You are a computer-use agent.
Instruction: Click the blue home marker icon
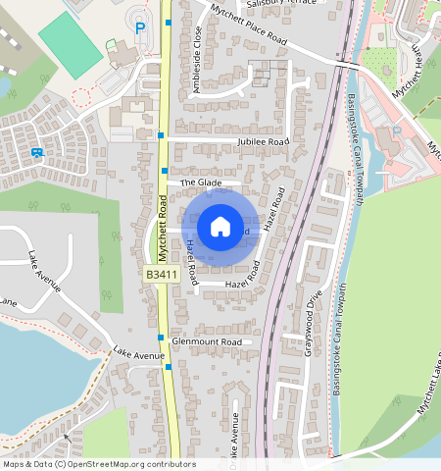coord(220,227)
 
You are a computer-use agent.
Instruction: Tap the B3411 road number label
coord(161,275)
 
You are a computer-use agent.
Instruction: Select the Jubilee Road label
coord(264,142)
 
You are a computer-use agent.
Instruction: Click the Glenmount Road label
coord(206,341)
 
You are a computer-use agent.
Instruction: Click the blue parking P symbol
coord(140,28)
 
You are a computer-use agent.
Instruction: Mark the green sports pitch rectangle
coord(70,43)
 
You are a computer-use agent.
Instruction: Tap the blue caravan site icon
coord(37,153)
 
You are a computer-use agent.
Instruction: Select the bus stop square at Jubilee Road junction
coord(161,134)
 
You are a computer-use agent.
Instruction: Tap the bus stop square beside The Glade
coord(165,171)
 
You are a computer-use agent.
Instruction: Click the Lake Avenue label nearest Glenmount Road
coord(138,353)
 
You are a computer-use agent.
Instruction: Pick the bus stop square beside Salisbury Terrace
coord(169,22)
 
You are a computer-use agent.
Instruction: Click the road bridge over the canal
coord(354,65)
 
